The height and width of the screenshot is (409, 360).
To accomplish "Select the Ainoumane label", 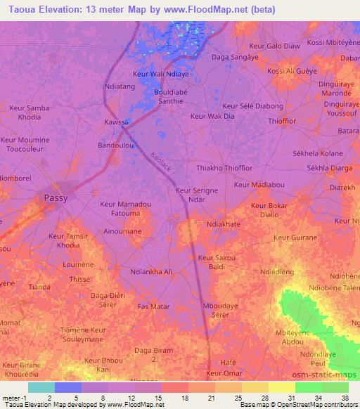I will pyautogui.click(x=122, y=231).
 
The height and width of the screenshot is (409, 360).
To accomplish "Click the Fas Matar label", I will pyautogui.click(x=153, y=306).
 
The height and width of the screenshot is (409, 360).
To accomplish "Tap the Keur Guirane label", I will pyautogui.click(x=295, y=238).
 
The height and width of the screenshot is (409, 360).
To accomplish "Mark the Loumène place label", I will pyautogui.click(x=79, y=264).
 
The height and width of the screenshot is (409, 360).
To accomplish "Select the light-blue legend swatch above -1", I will pyautogui.click(x=41, y=387).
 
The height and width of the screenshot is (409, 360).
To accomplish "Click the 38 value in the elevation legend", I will pyautogui.click(x=345, y=398).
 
